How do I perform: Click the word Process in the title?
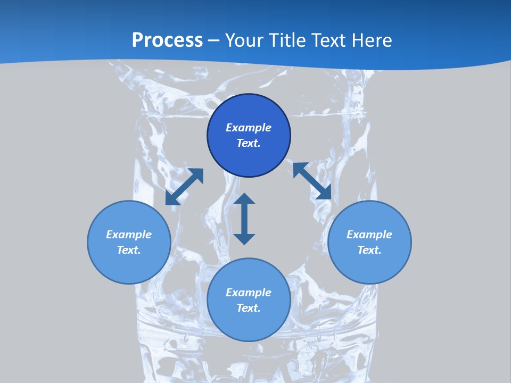(x=167, y=40)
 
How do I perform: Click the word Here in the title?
(x=372, y=40)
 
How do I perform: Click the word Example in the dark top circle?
(x=249, y=128)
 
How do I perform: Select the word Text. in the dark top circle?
(x=249, y=143)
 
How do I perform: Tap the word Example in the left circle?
(x=129, y=235)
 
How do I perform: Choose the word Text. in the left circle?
(x=129, y=250)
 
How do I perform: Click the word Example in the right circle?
(x=369, y=235)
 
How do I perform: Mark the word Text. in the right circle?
(x=369, y=250)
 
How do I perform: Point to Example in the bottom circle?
(x=249, y=293)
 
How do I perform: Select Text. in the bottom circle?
(x=249, y=308)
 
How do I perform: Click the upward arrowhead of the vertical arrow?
(x=244, y=198)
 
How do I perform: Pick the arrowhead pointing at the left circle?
(x=171, y=199)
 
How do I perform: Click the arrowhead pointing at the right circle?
(x=325, y=194)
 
